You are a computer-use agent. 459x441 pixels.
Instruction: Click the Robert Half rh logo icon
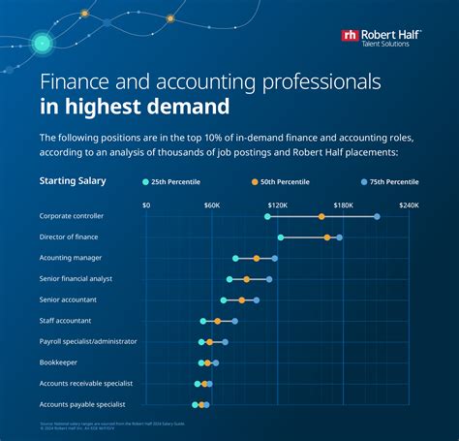point(350,35)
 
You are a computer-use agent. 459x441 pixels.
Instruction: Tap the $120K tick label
point(278,205)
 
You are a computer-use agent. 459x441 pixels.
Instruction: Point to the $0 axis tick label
point(146,205)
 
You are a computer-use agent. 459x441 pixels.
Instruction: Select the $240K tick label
point(408,205)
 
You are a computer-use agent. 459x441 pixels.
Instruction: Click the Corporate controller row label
point(72,216)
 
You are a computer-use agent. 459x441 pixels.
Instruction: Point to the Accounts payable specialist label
point(82,404)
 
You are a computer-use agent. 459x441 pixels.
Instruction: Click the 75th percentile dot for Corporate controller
point(377,216)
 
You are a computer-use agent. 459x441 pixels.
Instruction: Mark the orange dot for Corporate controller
point(321,216)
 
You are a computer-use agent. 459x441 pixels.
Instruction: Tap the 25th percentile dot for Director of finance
point(281,237)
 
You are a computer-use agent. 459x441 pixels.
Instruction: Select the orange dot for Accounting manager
point(257,259)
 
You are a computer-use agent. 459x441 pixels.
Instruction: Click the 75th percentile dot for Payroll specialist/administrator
point(225,342)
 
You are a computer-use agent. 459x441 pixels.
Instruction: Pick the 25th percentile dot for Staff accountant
point(203,321)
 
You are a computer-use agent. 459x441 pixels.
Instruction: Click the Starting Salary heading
point(73,180)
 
